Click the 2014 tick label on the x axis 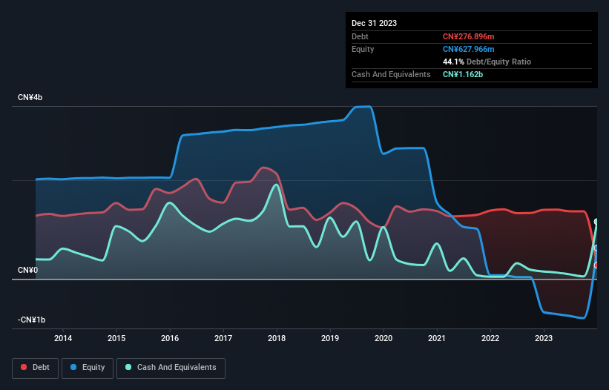point(63,338)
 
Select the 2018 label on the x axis point(277,338)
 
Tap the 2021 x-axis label point(437,338)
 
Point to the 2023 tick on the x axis point(544,338)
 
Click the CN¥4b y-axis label point(30,98)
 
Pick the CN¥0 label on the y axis point(27,270)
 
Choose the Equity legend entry point(88,367)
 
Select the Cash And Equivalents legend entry point(171,367)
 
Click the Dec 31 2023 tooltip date point(375,23)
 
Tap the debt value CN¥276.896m point(468,36)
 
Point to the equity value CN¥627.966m point(468,49)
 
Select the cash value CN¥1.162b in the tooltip point(463,75)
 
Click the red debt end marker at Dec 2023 point(596,265)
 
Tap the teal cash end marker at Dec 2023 point(596,222)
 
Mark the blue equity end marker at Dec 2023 point(596,248)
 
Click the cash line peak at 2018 point(277,185)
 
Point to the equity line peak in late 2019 point(363,107)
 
